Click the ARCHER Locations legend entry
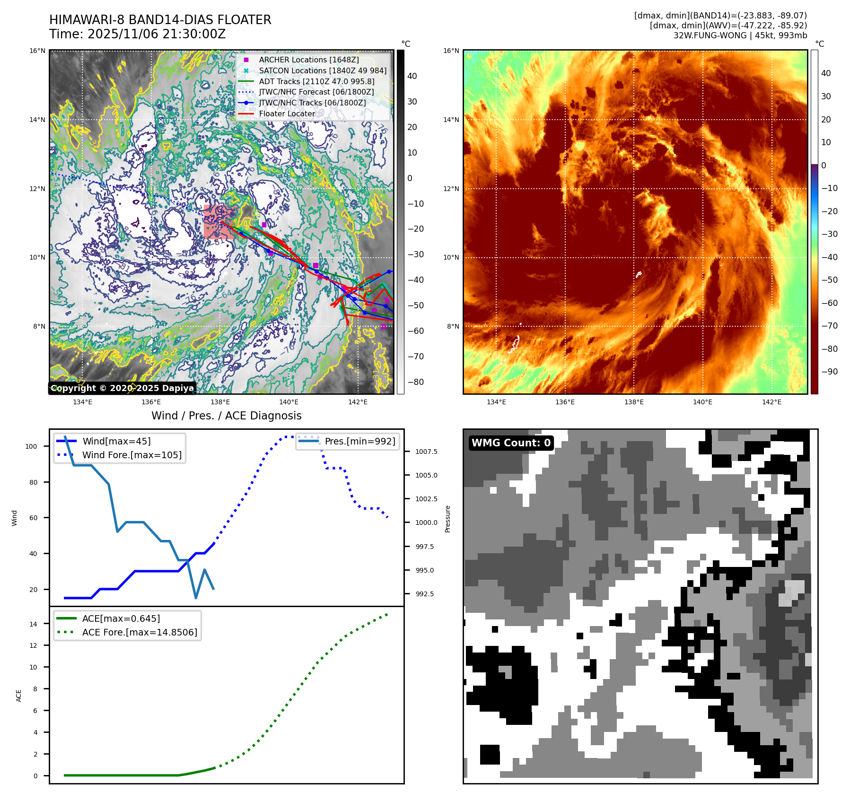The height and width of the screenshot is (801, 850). [308, 60]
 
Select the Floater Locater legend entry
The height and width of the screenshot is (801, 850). [287, 114]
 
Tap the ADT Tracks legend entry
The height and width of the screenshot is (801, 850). [316, 82]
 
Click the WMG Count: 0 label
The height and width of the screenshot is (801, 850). [511, 443]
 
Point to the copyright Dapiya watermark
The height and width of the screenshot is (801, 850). [122, 388]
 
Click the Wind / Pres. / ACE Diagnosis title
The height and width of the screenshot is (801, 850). [226, 416]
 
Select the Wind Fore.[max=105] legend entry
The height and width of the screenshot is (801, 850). [131, 455]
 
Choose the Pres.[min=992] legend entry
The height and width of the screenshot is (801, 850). [359, 441]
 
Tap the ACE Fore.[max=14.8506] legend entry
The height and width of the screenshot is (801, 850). [140, 632]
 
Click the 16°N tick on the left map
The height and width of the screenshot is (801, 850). [37, 51]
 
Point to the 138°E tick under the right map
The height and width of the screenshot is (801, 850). [634, 402]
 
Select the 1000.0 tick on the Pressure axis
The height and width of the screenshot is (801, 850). [426, 522]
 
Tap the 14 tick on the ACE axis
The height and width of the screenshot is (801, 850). [33, 624]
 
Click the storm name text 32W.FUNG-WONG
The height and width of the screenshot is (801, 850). [704, 35]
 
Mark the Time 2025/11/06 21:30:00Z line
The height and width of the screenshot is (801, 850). [137, 35]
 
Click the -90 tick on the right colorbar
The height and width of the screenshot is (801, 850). [829, 372]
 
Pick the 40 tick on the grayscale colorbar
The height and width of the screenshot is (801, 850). [412, 76]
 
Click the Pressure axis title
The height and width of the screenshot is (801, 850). [447, 519]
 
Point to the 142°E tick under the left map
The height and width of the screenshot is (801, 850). [358, 402]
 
